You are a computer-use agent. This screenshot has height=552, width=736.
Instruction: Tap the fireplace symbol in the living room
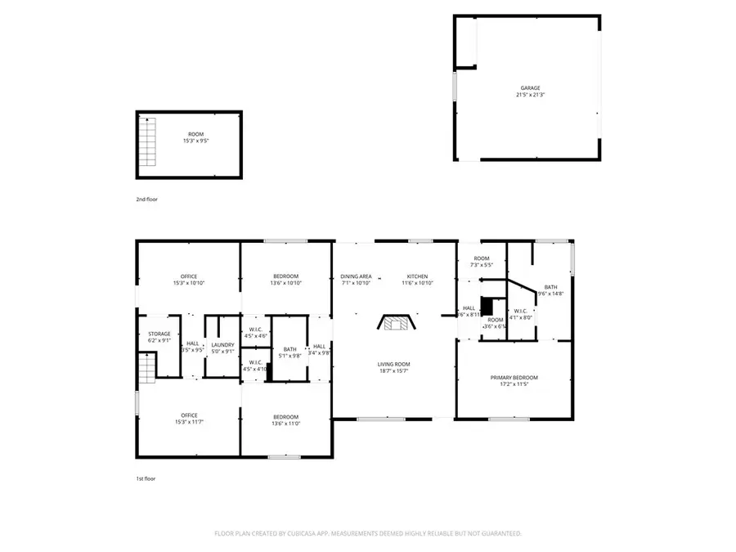point(396,322)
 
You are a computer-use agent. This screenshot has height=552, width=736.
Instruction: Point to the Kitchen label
point(417,276)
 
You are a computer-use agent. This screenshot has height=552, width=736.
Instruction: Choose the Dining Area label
point(356,276)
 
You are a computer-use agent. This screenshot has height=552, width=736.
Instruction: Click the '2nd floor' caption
point(146,200)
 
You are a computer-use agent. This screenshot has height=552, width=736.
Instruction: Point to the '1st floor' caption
point(146,478)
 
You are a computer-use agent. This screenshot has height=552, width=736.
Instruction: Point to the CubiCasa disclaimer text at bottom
point(368,533)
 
